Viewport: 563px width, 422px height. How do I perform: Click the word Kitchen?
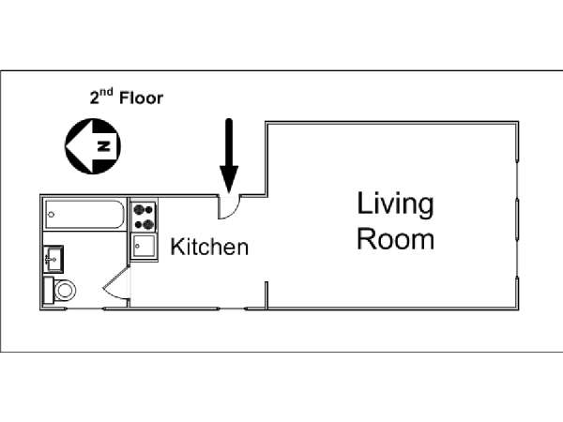coord(209,247)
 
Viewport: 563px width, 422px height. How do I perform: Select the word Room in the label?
coord(395,239)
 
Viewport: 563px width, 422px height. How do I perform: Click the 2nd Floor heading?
coord(127,97)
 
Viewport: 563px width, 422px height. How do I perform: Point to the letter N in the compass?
coord(104,146)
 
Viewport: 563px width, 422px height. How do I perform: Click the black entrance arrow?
coord(229,156)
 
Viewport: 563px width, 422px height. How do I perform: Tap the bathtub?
coord(84,214)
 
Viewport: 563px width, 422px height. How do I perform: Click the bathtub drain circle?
coord(52,215)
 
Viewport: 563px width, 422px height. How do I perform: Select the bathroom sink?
coord(53,259)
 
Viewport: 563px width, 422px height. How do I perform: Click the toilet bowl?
coord(65,290)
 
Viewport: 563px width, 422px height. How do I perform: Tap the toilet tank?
coord(48,290)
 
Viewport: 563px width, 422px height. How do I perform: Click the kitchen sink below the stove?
coord(144,246)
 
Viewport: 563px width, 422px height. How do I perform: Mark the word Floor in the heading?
coord(141,98)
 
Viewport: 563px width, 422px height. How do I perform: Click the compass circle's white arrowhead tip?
coord(66,146)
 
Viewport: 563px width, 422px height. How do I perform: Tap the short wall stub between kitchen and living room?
coord(266,295)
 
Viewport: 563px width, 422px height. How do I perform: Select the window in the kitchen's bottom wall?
coord(232,309)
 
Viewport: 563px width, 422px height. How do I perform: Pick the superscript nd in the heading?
coord(106,92)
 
